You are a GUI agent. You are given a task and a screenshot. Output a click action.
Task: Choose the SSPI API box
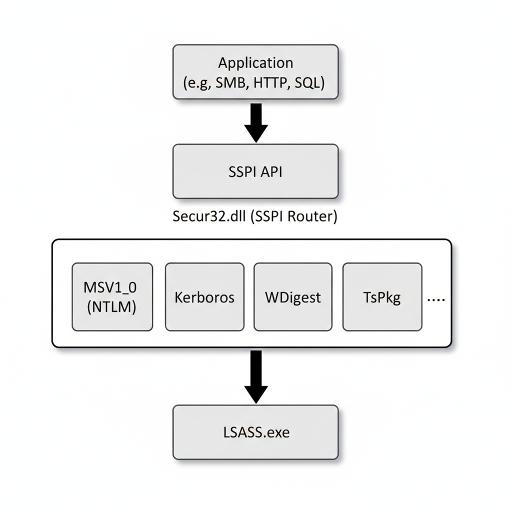point(255,171)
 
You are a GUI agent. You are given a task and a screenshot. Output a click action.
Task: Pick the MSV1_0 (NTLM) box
point(112,297)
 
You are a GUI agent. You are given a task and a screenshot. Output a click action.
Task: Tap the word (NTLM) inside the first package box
point(112,307)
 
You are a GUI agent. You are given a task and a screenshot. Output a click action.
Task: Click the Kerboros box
point(204,297)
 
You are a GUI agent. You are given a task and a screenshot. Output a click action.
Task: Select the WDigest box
point(292,297)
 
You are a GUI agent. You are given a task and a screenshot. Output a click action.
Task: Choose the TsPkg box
point(382,297)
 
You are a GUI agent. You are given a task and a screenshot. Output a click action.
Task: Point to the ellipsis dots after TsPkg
point(436,298)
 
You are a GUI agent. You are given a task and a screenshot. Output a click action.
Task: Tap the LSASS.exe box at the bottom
point(255,432)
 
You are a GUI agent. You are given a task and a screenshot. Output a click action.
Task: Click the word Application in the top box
point(255,63)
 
